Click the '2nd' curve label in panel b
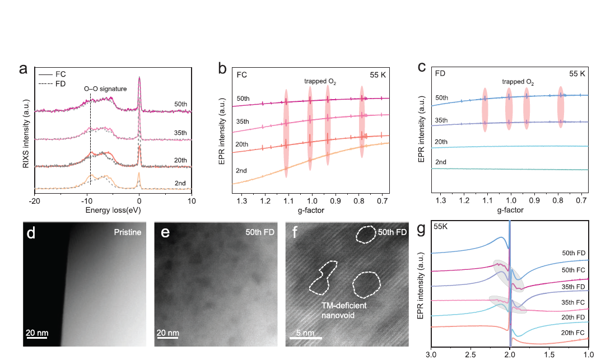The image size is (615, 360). pos(242,170)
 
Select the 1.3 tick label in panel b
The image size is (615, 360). pos(243,200)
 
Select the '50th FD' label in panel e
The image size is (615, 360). pos(259,231)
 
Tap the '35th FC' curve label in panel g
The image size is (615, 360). pos(573,303)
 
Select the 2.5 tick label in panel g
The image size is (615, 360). pos(470,354)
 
